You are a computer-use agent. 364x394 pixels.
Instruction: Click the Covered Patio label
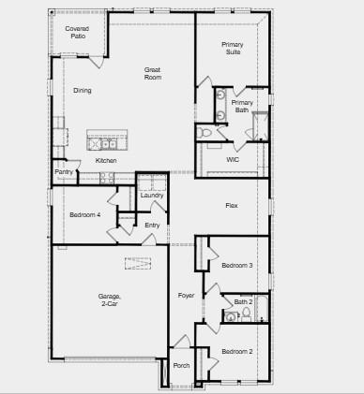point(77,32)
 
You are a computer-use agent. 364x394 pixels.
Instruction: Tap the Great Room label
point(153,73)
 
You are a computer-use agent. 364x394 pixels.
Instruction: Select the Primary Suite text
point(232,48)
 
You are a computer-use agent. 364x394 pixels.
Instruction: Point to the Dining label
point(83,90)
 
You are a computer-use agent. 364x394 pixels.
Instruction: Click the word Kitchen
point(107,160)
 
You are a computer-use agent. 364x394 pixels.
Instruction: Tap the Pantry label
point(64,172)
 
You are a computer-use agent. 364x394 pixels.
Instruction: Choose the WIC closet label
point(233,159)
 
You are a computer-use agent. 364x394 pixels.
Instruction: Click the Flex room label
point(231,205)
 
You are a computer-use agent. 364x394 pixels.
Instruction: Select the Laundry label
point(151,195)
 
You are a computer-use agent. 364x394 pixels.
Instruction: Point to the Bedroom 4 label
point(84,215)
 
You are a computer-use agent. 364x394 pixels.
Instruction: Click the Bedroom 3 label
point(236,266)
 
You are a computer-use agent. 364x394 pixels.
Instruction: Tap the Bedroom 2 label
point(236,351)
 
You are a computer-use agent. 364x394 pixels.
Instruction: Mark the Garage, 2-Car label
point(110,299)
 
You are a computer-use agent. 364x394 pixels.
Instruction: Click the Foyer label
point(186,296)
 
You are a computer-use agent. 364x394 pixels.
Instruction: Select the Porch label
point(181,366)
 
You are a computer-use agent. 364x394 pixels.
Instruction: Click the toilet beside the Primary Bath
point(205,133)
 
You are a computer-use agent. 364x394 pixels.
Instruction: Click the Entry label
point(152,225)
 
